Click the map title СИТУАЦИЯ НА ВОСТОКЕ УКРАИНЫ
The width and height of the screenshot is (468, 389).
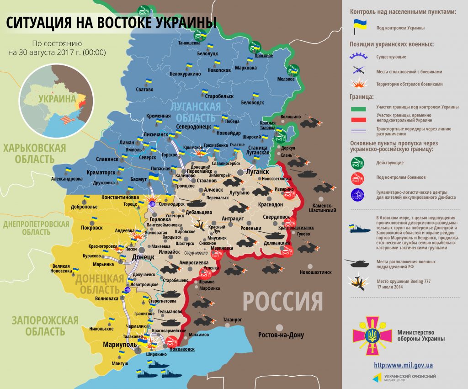[x=111, y=23]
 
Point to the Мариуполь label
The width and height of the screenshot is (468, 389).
[x=117, y=344]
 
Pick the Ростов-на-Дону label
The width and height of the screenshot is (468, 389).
[x=281, y=335]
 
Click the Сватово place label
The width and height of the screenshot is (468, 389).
[x=144, y=90]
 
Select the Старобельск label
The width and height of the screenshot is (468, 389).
[x=219, y=97]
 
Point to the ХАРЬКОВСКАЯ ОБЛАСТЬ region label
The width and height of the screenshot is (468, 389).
[x=34, y=154]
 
